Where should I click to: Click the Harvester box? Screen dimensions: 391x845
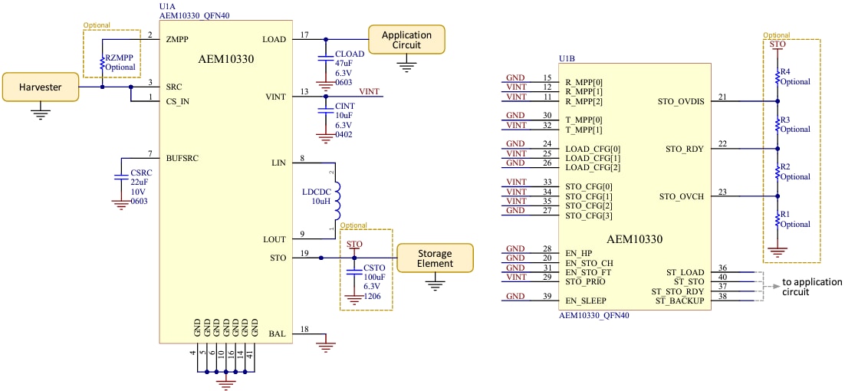tap(41, 87)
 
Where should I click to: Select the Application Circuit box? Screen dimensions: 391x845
tap(406, 40)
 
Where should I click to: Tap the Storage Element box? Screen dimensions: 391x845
tap(435, 258)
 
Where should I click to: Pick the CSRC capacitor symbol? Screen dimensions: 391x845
tap(119, 176)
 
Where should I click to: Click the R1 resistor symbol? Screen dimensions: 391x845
tap(778, 221)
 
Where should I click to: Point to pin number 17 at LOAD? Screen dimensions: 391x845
tap(304, 34)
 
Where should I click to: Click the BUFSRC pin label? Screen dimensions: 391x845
tap(182, 159)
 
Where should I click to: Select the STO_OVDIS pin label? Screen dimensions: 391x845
tap(681, 101)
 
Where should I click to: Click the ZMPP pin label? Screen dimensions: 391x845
tap(177, 39)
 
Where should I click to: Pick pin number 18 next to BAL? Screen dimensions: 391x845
tap(304, 329)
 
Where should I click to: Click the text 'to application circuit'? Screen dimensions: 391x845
tap(811, 286)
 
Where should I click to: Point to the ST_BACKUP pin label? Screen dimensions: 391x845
tap(679, 301)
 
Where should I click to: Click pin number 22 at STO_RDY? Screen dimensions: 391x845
tap(722, 144)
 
